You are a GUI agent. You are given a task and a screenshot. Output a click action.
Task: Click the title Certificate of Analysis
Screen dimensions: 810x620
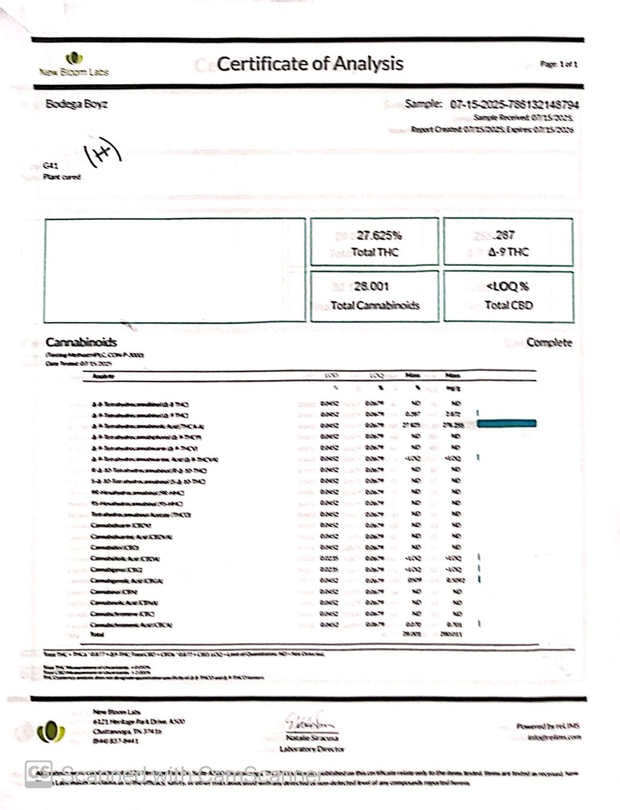coord(310,64)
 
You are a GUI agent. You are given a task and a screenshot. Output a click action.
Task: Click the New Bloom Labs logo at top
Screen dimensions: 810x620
coord(74,64)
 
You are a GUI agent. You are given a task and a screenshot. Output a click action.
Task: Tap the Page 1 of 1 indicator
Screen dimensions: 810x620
coord(558,64)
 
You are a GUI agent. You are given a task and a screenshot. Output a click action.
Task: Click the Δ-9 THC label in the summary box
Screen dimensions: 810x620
coord(508,252)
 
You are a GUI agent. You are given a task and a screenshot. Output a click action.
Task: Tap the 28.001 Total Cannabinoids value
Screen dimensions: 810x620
coord(371,286)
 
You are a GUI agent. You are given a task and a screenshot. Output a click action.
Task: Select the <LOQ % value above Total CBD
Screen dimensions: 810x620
coord(508,287)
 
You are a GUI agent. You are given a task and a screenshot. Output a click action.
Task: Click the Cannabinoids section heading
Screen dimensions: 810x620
coord(81,342)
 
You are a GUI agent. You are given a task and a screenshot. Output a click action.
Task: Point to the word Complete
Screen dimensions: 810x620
coord(548,342)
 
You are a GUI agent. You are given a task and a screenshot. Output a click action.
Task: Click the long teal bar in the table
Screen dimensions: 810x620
coord(507,423)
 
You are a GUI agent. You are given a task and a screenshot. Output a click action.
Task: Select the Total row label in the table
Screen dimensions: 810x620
coord(97,634)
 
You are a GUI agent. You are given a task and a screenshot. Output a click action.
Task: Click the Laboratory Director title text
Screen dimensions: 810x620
coord(312,749)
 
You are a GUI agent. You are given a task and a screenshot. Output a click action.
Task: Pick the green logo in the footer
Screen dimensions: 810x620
coord(52,732)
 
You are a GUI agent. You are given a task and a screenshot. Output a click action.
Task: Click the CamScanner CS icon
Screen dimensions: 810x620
coord(38,774)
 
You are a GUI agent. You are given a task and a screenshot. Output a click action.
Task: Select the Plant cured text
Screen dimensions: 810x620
coord(62,177)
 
